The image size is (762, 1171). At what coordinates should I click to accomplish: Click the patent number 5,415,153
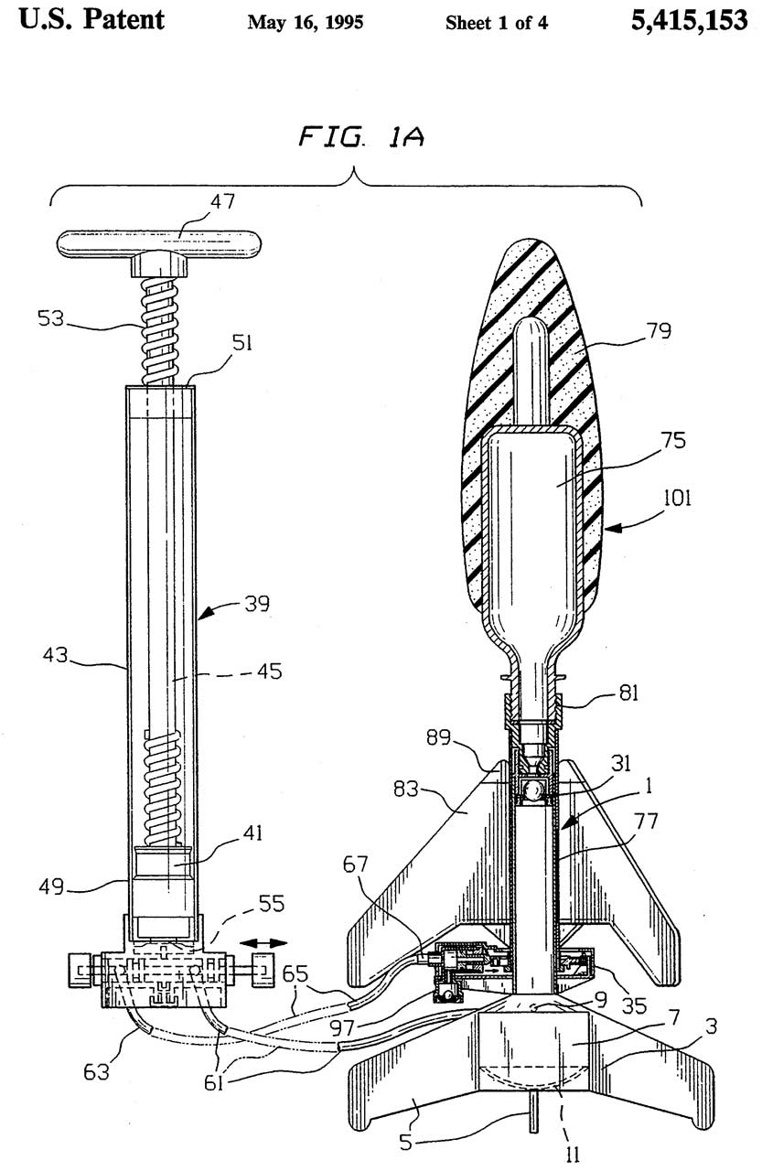pos(689,21)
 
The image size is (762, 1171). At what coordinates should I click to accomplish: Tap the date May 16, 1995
pos(306,23)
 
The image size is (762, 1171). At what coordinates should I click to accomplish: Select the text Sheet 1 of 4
pos(497,23)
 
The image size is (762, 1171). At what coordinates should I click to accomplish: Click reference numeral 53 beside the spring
pos(54,320)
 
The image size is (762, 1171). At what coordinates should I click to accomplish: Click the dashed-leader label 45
pos(268,671)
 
